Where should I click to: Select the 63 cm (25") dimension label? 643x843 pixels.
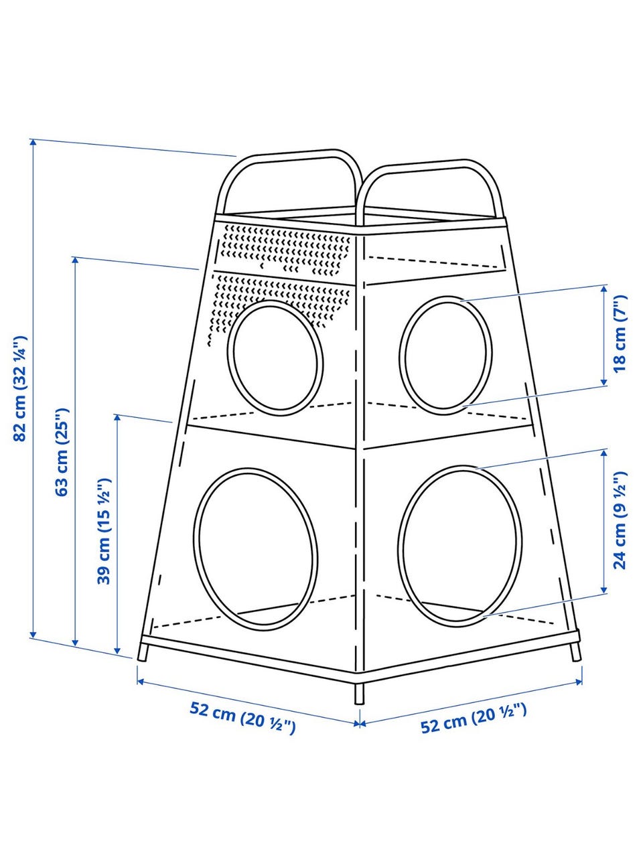click(62, 452)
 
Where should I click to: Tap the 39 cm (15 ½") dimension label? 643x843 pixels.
click(104, 531)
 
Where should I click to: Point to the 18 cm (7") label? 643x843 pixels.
click(620, 333)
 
